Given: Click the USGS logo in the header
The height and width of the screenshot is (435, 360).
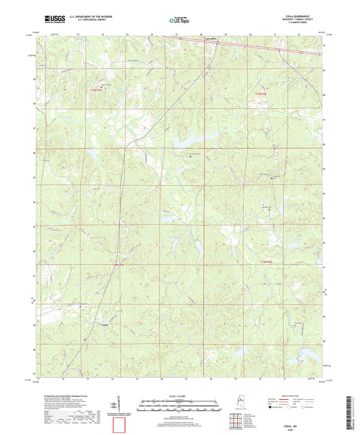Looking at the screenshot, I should pyautogui.click(x=50, y=20).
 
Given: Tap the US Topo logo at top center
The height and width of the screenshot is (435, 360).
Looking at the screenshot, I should pyautogui.click(x=180, y=20).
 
